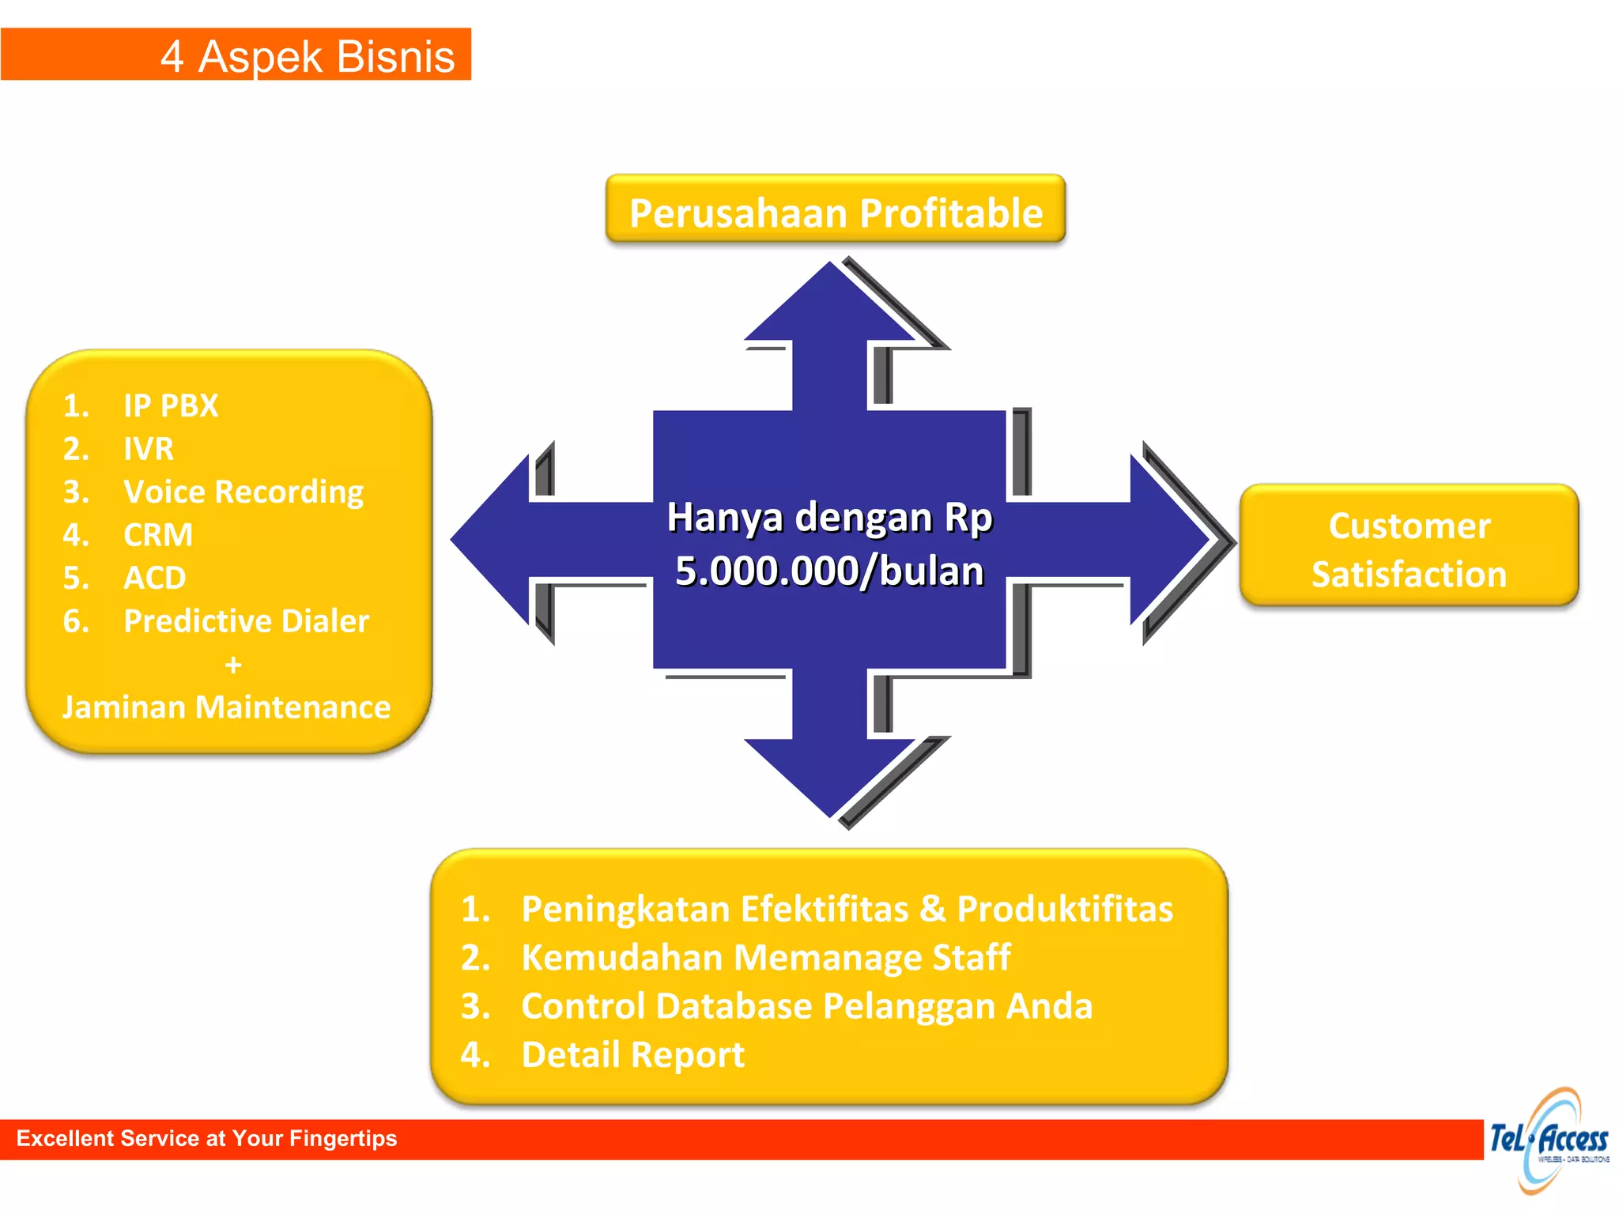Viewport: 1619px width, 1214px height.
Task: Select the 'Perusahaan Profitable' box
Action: tap(836, 212)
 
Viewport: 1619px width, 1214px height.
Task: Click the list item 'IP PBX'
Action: tap(171, 405)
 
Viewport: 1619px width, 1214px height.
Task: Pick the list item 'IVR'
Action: tap(149, 449)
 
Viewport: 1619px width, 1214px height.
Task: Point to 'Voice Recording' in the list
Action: tap(243, 492)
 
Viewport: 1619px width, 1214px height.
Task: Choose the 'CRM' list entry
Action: tap(158, 535)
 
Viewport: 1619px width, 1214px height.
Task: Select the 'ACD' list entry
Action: tap(155, 578)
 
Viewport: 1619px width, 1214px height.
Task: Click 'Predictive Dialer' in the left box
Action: tap(246, 621)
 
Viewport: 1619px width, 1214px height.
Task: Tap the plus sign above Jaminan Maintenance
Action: tap(233, 665)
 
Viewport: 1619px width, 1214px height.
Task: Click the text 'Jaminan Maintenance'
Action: tap(227, 707)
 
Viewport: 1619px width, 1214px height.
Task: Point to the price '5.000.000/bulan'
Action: tap(829, 571)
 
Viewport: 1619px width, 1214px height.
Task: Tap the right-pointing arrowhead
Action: tap(1170, 540)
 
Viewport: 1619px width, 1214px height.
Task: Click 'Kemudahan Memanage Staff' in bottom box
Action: tap(765, 957)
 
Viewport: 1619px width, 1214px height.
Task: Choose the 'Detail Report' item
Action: tap(632, 1054)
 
